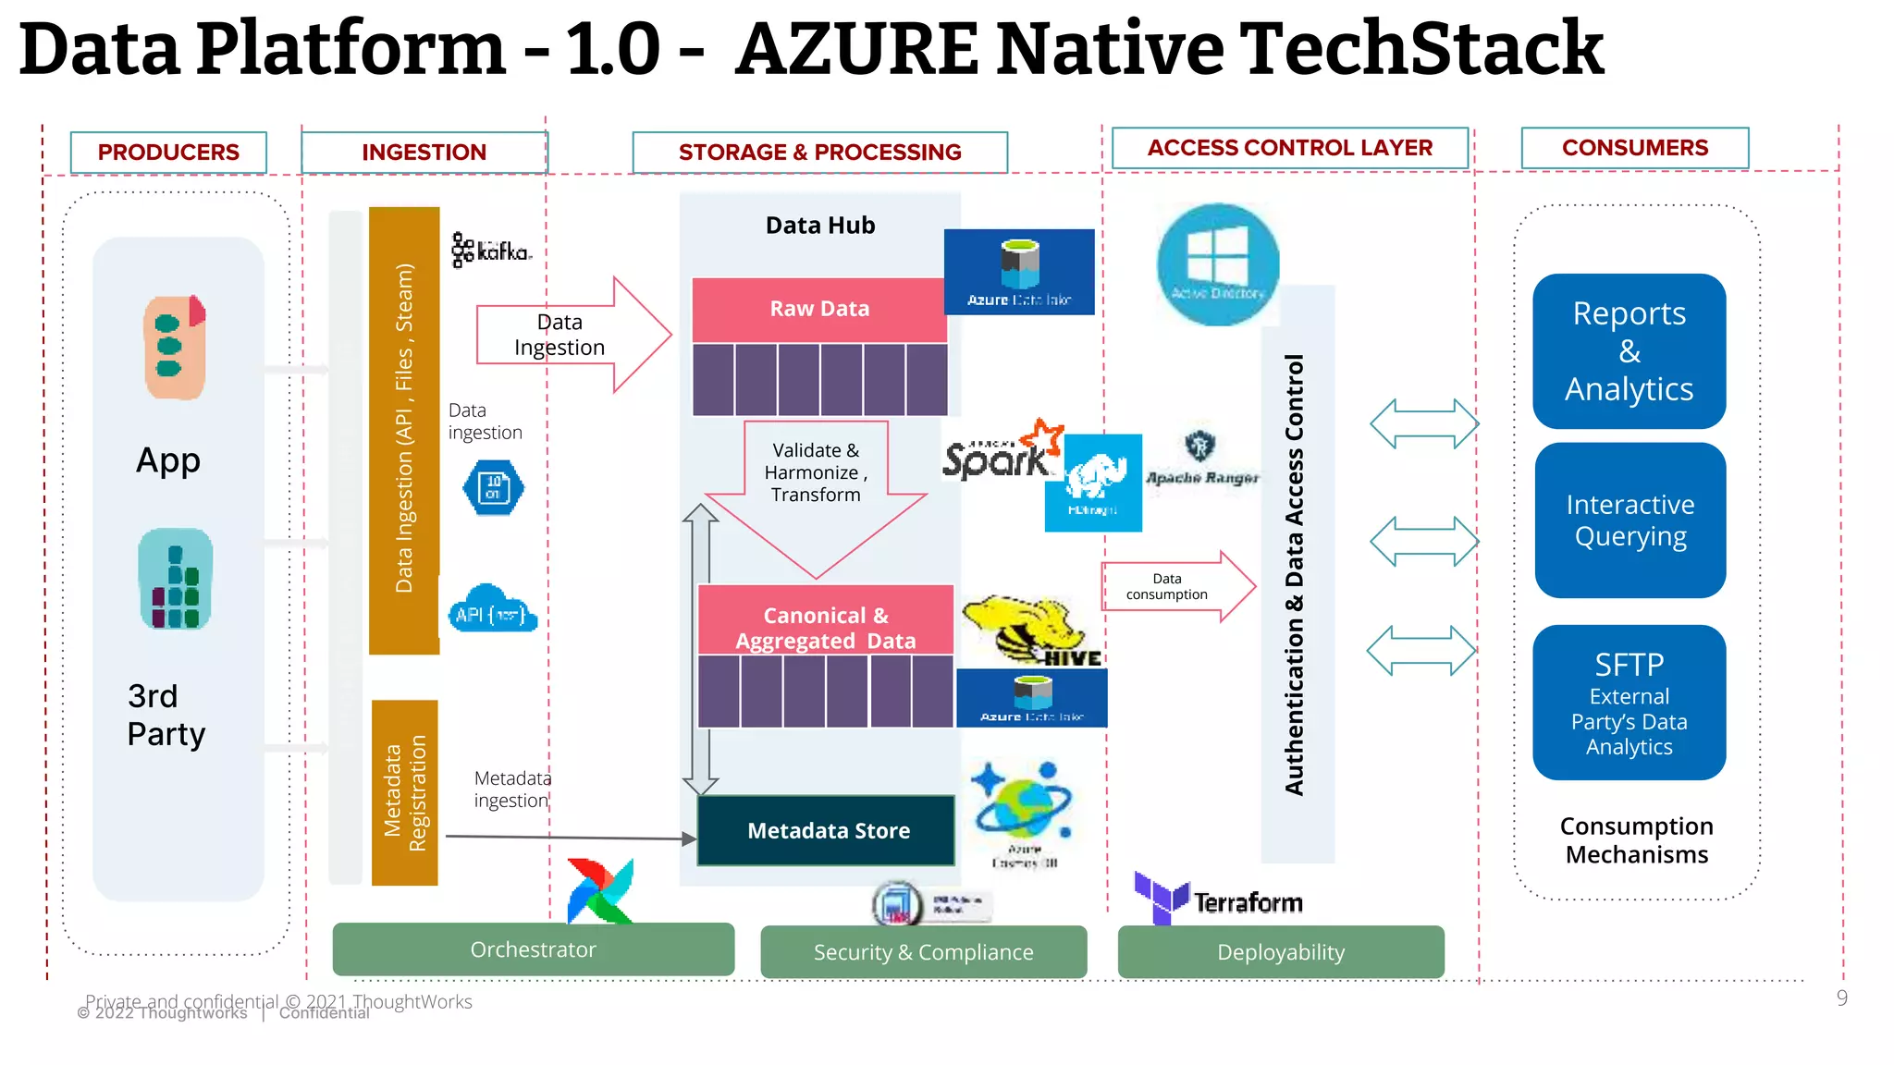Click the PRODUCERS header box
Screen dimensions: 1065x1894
(x=168, y=153)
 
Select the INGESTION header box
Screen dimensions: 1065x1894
(x=424, y=153)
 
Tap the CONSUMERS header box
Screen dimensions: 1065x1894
(x=1634, y=148)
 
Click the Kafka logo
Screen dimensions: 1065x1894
(x=491, y=251)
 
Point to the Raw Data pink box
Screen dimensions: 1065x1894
(x=819, y=309)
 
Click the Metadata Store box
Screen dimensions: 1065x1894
(x=826, y=830)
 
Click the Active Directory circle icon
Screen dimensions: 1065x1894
(x=1217, y=264)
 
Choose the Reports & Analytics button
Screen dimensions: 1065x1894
(x=1629, y=351)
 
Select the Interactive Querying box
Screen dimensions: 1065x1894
(x=1630, y=520)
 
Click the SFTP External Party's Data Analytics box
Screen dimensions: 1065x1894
(x=1629, y=703)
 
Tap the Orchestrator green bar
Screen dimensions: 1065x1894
(x=533, y=949)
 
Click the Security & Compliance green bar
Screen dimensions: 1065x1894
(x=923, y=952)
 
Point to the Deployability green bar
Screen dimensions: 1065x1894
(x=1280, y=952)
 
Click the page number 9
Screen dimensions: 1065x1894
(x=1841, y=998)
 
